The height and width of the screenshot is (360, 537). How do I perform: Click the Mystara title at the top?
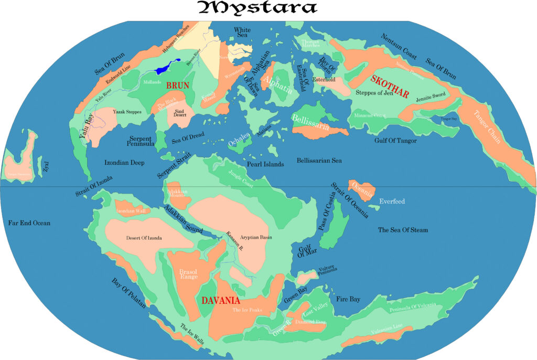point(257,8)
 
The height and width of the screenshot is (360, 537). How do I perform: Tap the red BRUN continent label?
point(177,85)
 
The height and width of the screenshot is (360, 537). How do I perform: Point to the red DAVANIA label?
point(221,301)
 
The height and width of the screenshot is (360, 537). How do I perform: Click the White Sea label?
point(242,33)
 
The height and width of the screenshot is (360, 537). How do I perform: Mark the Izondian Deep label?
point(124,163)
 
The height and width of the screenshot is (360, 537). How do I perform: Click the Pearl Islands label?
point(265,164)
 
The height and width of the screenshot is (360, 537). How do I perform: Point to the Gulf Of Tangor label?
point(395,141)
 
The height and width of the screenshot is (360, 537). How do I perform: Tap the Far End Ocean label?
point(29,223)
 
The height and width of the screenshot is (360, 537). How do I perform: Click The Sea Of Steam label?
point(403,230)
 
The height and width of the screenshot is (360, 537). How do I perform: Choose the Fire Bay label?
point(348,299)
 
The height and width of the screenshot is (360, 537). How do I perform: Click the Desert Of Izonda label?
point(144,238)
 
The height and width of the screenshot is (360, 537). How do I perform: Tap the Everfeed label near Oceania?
point(392,202)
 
